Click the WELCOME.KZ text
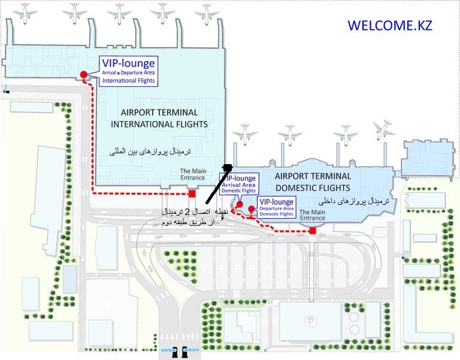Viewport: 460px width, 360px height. tap(389, 26)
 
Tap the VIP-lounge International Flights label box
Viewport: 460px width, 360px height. tap(128, 71)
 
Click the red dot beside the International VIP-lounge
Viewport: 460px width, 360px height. tap(84, 74)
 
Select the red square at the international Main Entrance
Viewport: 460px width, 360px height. tap(192, 193)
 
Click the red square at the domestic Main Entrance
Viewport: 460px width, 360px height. tap(312, 231)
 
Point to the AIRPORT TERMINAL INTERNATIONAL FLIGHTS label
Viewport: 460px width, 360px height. tap(159, 118)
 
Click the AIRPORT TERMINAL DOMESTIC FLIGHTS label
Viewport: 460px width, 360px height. tap(312, 181)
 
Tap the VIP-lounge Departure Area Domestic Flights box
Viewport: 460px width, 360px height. tap(276, 207)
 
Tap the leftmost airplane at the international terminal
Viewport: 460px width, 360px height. tap(25, 11)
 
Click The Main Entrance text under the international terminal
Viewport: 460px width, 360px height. tap(193, 174)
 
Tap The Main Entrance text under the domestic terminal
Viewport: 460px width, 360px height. tap(312, 215)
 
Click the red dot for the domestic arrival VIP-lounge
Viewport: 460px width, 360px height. tap(239, 205)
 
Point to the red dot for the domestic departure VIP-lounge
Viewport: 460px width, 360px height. tap(252, 209)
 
